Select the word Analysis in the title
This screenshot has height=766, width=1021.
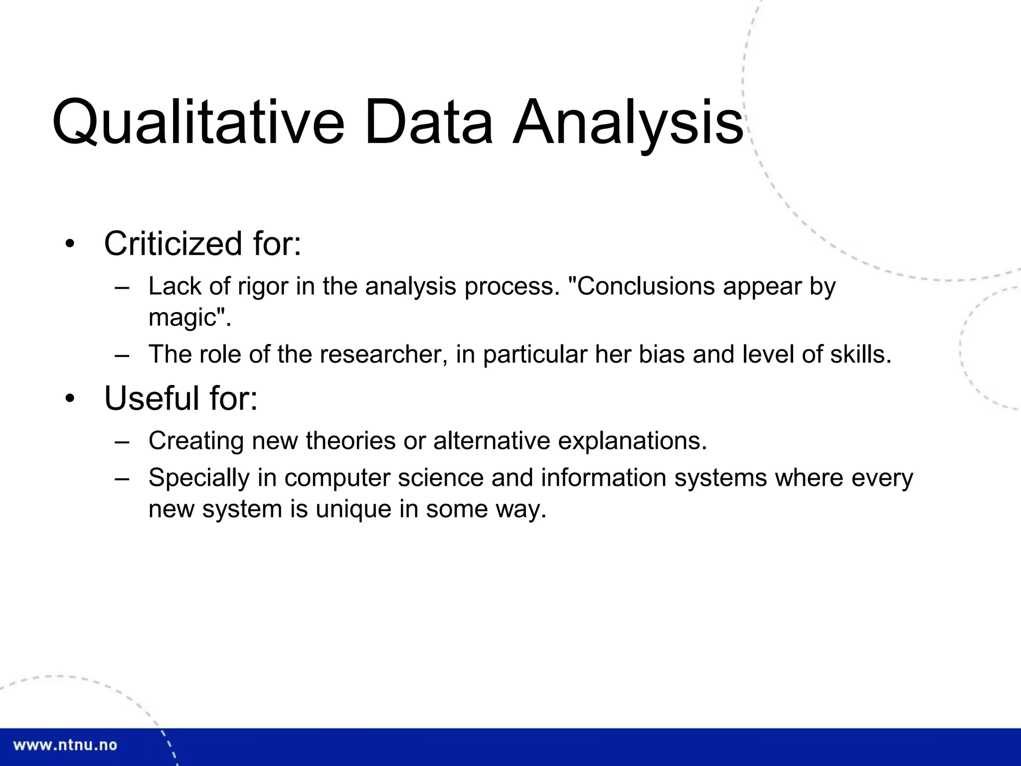tap(628, 123)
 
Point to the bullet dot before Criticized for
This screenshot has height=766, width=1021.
tap(69, 245)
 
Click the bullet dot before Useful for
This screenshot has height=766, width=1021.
tap(69, 399)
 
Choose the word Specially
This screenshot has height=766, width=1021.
tap(198, 478)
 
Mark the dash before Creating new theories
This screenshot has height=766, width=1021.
tap(122, 441)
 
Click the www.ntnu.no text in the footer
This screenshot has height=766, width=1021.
tap(65, 746)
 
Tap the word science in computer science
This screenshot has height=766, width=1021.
tap(441, 478)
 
